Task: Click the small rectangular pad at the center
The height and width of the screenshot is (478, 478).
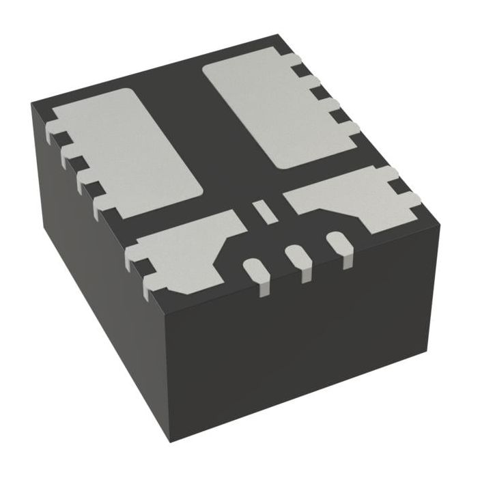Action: (x=263, y=210)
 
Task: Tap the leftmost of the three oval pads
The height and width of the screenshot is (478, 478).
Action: (x=253, y=270)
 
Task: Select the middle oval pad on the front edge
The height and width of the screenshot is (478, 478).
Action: (x=296, y=258)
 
